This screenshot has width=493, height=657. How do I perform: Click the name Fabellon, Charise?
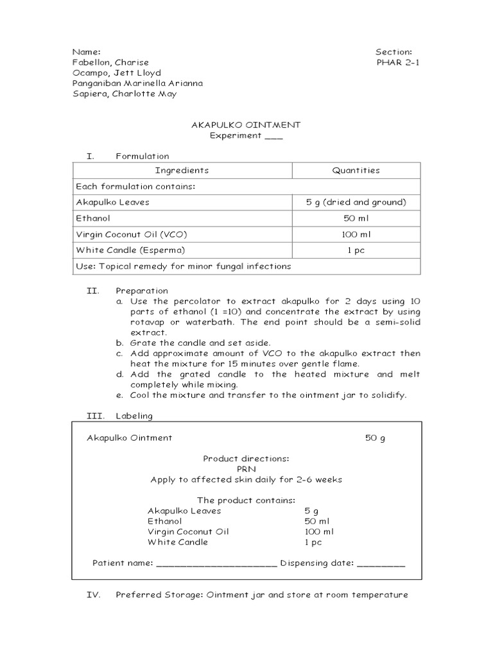coord(110,62)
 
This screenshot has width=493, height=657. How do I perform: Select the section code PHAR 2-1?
coord(398,62)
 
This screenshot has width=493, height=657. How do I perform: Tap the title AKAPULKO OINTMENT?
coord(246,124)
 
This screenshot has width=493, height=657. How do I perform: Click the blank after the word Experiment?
coord(273,136)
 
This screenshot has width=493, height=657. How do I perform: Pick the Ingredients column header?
coord(182,171)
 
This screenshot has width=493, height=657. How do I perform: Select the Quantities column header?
coord(356,171)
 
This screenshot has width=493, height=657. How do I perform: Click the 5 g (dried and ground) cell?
coord(356,202)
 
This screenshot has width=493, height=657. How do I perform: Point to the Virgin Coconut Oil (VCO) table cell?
coord(132,234)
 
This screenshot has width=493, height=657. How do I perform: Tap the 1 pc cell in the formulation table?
coord(356,250)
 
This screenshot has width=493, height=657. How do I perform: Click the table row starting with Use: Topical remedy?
coord(183,266)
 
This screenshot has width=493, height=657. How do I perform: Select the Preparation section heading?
coord(142,291)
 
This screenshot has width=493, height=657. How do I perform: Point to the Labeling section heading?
coord(134,416)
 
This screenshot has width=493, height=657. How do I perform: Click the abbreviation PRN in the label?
coord(246,469)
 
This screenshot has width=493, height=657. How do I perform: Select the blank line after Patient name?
coord(216,563)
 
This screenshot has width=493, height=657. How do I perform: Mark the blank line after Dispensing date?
coord(381,563)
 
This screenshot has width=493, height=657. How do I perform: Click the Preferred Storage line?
coord(261,595)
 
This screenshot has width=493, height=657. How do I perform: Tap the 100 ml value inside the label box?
coord(319,532)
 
